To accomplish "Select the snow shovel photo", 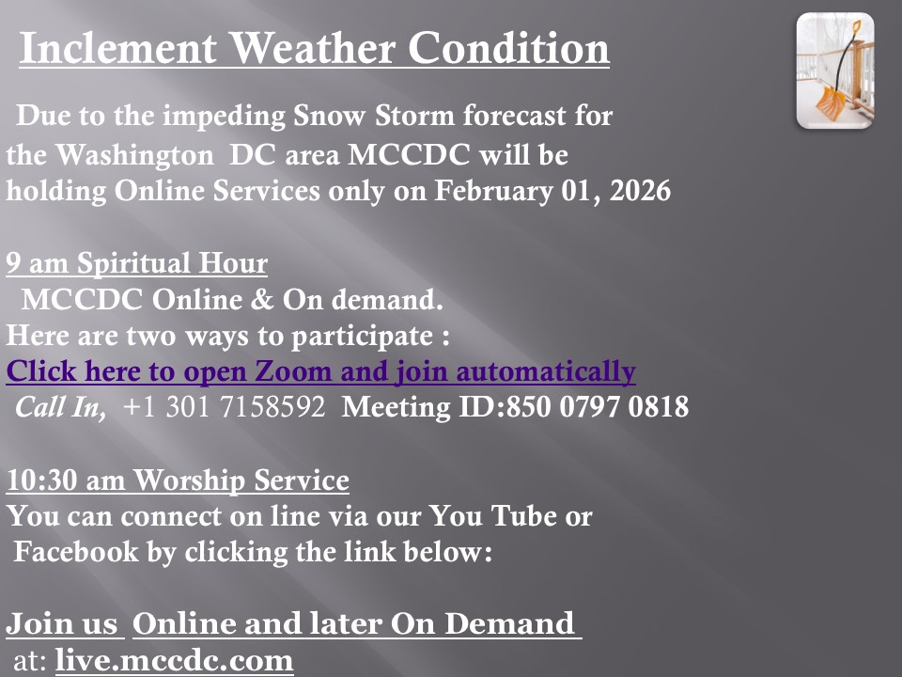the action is (834, 71).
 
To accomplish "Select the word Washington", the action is (134, 155).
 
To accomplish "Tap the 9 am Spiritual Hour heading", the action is (137, 263).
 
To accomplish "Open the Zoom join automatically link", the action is (321, 371).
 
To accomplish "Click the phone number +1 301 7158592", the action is (224, 406).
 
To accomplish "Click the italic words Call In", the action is (60, 407).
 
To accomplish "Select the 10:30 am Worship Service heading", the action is (178, 480).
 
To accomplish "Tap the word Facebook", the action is (76, 551).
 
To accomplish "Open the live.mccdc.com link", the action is (175, 660).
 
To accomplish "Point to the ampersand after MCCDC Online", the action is (262, 299).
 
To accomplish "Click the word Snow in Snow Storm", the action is (329, 115).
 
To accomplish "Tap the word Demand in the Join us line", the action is (509, 623).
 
